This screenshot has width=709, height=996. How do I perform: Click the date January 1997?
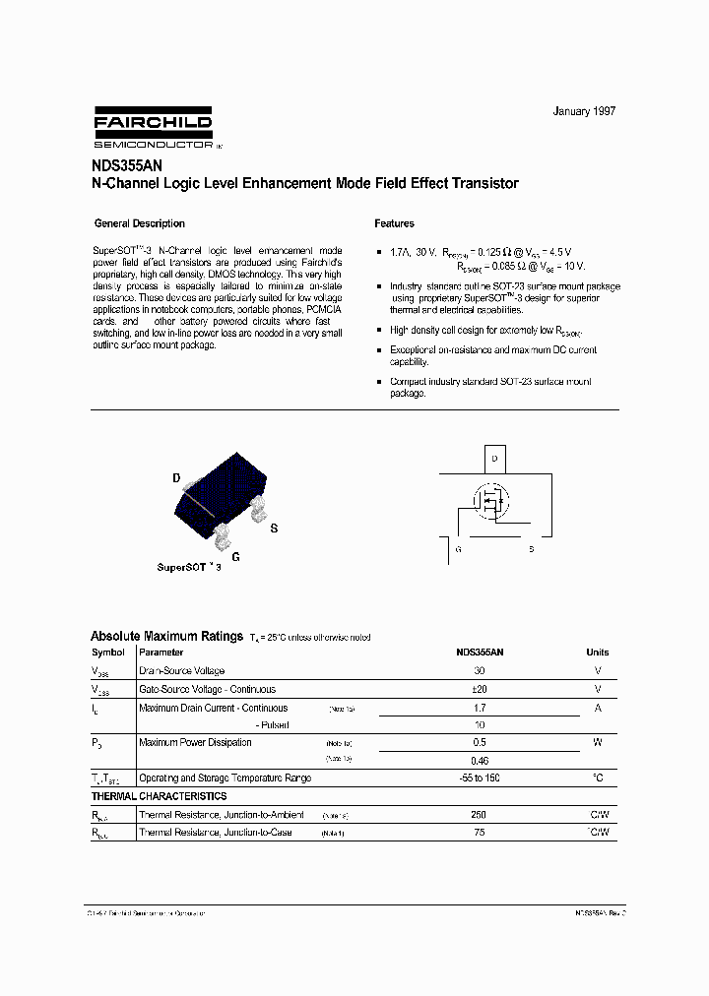tap(584, 112)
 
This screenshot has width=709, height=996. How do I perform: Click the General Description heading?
tap(139, 223)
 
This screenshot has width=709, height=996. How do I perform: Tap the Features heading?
tap(395, 223)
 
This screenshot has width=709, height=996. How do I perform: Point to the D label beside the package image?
tap(177, 478)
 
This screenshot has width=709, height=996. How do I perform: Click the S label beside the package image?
tap(274, 529)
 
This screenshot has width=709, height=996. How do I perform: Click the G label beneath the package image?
tap(235, 556)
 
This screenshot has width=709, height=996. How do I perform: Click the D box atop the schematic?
tap(495, 460)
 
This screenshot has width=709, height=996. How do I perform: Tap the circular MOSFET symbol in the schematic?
tap(489, 503)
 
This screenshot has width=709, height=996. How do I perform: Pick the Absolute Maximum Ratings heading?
tap(166, 637)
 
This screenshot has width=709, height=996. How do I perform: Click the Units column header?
tap(597, 652)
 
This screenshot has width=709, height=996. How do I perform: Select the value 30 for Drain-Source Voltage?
tap(480, 670)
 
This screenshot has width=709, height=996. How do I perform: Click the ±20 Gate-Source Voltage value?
tap(480, 689)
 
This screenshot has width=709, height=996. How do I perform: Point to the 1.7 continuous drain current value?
tap(480, 708)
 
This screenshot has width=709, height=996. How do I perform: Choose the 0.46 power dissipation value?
tap(480, 760)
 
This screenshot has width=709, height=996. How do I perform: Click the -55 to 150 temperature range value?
tap(480, 778)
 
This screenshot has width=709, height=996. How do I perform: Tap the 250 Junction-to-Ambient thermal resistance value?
tap(480, 815)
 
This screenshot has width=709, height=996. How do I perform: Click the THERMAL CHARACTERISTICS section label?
tap(159, 796)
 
